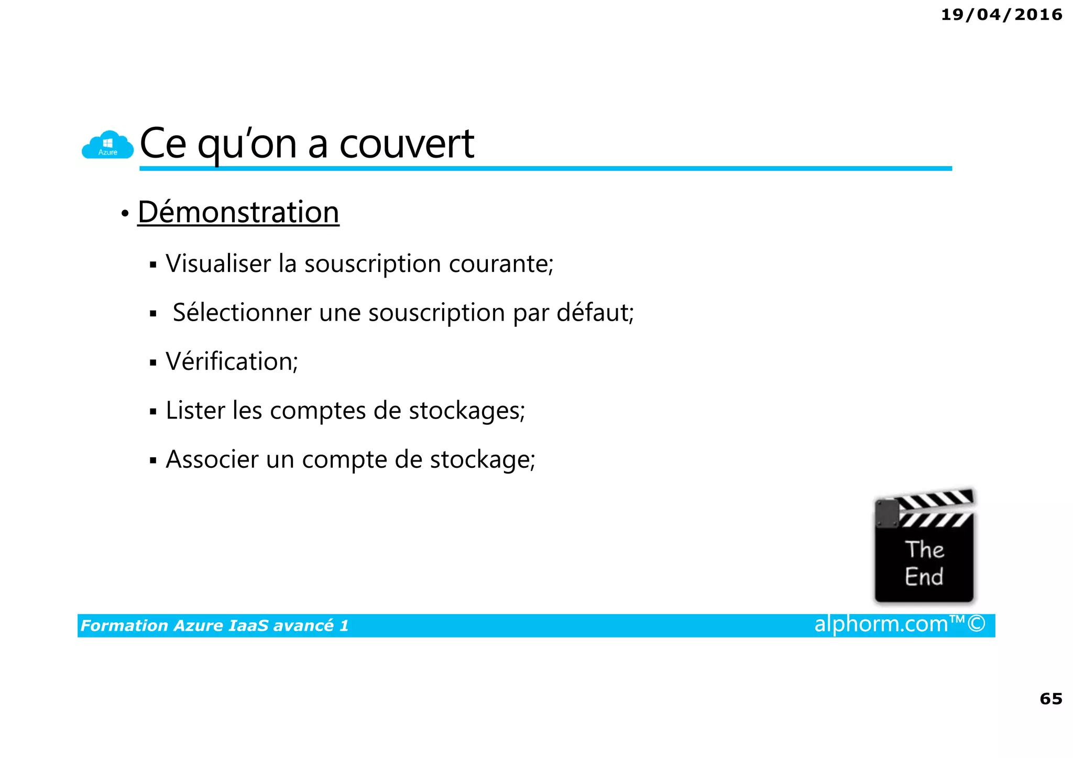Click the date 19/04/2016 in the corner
(x=1001, y=15)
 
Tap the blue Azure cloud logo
(x=107, y=145)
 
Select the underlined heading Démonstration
(x=238, y=212)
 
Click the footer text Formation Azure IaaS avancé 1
(x=214, y=625)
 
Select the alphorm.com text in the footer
(x=881, y=624)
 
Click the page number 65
(x=1050, y=699)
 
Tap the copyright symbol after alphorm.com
(x=976, y=624)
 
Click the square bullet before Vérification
(x=153, y=362)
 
